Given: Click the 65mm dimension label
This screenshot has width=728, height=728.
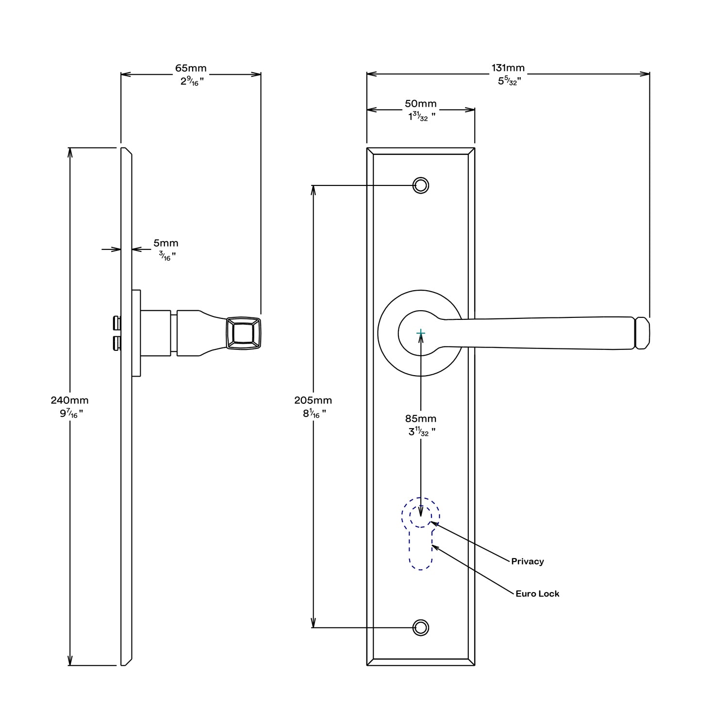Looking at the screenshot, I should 191,68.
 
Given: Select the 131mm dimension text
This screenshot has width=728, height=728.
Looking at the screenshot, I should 508,68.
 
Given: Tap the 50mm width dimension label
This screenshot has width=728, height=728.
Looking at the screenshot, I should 420,104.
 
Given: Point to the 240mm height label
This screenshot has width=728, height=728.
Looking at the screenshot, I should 70,400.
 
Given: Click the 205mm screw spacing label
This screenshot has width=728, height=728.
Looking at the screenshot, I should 313,400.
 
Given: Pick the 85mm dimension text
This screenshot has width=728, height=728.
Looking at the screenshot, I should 420,418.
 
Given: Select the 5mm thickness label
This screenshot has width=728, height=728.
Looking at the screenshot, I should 166,243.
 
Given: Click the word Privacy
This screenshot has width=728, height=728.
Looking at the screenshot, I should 527,562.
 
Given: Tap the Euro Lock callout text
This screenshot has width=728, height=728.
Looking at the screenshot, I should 537,594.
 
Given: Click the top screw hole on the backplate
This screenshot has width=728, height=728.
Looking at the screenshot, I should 421,185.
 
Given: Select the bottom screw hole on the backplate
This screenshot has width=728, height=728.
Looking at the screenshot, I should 421,628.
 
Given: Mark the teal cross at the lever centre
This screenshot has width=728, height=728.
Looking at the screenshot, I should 421,333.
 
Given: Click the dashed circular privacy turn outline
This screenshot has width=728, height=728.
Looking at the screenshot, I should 420,512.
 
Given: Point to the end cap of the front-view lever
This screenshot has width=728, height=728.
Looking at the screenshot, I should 643,333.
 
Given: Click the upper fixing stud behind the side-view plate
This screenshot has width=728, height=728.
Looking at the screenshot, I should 116,322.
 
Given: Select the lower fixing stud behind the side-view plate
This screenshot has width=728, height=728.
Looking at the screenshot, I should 116,344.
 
